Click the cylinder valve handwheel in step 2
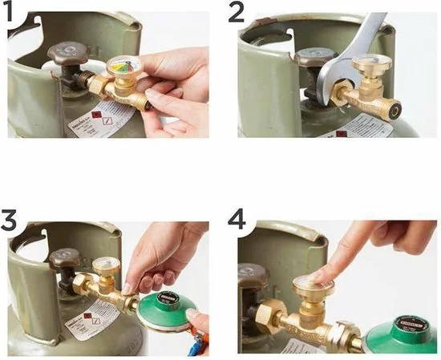(309, 58)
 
